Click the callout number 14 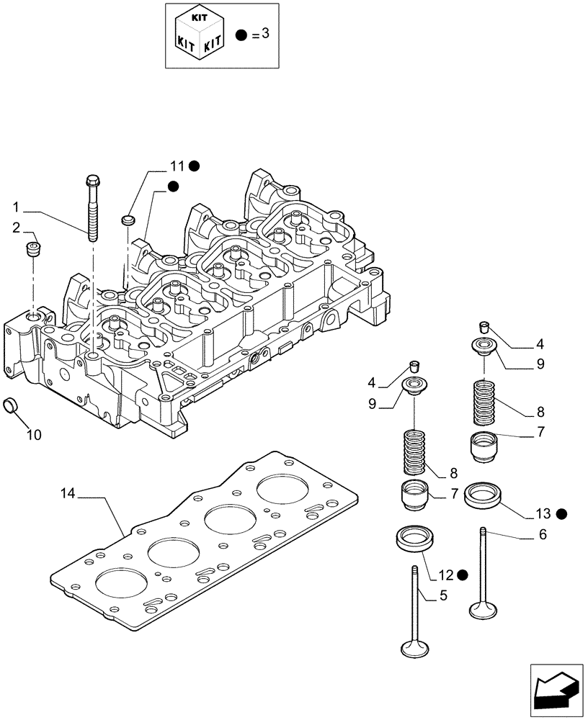(x=67, y=493)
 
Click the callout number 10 (x=34, y=434)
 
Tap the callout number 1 (x=15, y=207)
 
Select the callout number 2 (x=15, y=228)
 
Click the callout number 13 (x=543, y=513)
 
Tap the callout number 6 (x=542, y=534)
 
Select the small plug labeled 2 (x=32, y=250)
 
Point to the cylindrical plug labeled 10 (x=13, y=406)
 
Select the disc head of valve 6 (x=482, y=610)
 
